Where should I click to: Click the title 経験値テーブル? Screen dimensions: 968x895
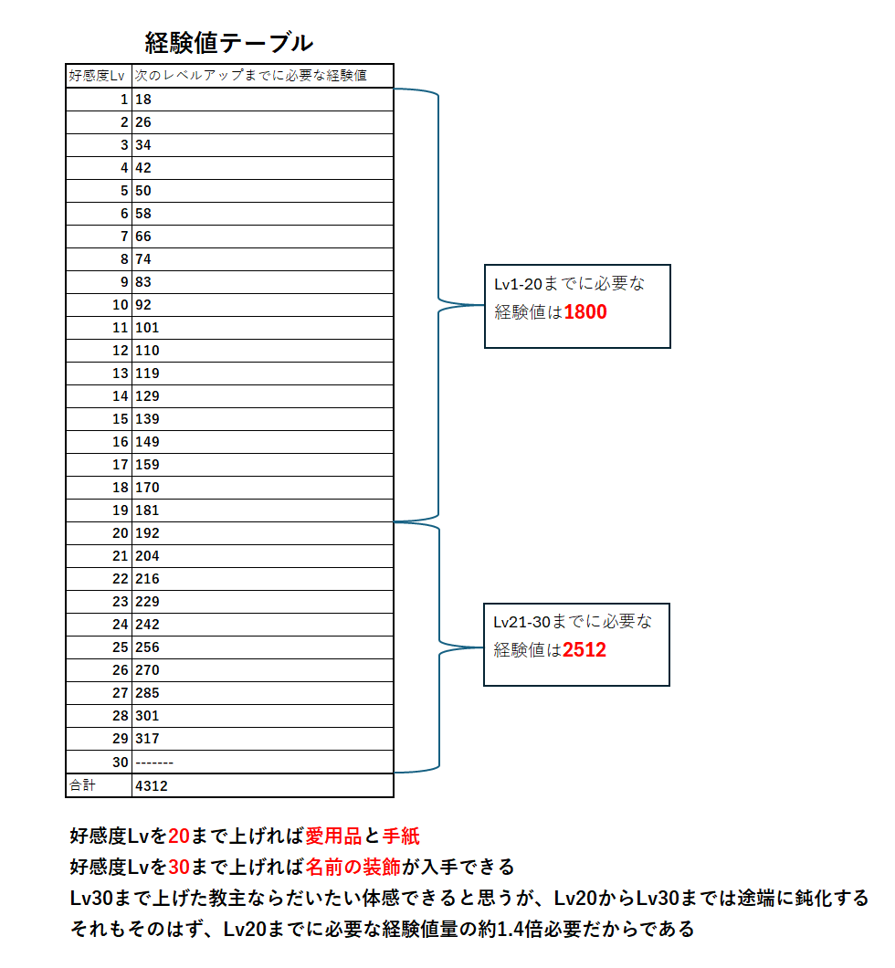229,43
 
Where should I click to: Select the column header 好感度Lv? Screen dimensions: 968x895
97,76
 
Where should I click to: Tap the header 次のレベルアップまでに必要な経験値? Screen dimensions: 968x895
250,76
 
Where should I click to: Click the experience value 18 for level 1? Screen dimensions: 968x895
142,100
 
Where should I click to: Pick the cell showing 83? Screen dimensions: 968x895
142,282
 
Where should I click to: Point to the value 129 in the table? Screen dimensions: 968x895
146,396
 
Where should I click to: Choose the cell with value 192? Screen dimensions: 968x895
146,533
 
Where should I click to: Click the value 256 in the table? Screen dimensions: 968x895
146,647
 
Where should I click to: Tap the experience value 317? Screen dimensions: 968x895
146,739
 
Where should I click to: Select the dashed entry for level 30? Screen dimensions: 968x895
153,762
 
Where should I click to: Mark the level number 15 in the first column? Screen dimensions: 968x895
120,419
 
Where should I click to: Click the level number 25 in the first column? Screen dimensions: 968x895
120,647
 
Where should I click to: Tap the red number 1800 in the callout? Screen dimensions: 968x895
585,312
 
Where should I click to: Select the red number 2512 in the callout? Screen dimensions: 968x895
584,650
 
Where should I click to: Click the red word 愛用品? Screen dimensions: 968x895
332,836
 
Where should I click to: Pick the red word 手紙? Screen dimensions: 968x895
401,836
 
